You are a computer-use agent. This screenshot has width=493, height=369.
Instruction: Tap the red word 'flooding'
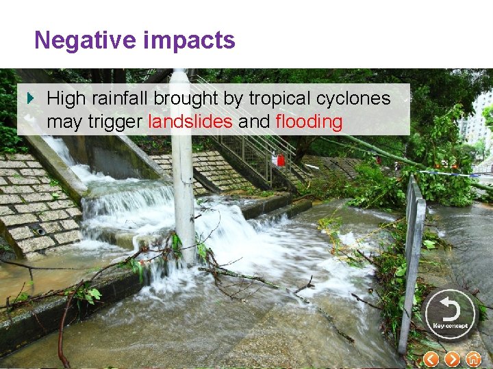(309, 122)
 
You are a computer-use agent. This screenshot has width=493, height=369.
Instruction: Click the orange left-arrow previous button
(431, 359)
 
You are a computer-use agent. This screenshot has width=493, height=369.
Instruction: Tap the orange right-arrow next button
(452, 359)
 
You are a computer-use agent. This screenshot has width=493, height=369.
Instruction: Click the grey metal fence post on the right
(413, 260)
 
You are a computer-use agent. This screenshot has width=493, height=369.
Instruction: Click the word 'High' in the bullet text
(66, 98)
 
